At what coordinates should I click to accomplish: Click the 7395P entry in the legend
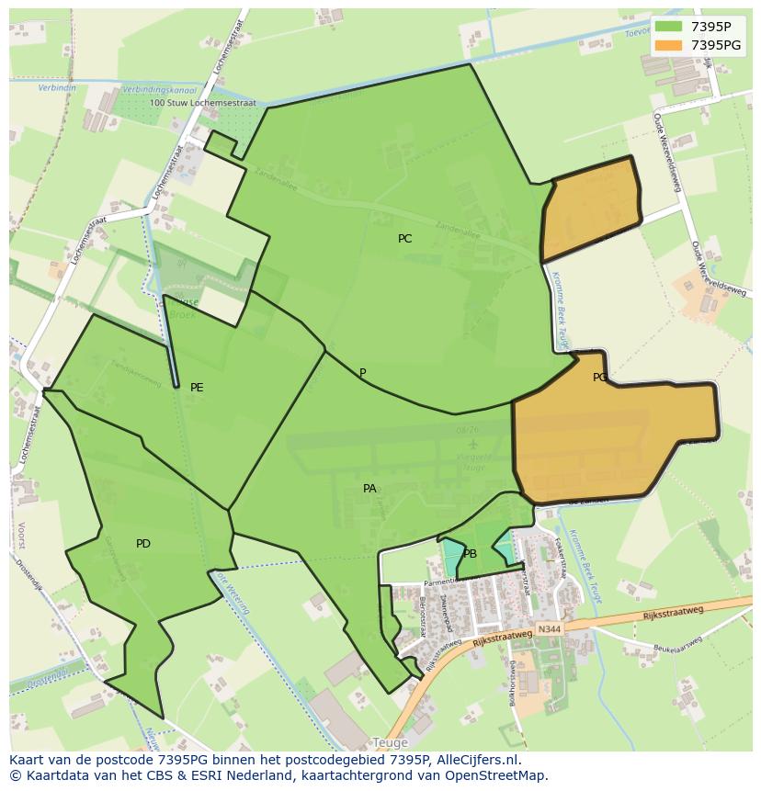(710, 27)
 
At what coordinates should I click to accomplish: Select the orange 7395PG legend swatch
(668, 45)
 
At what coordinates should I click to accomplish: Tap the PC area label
(404, 239)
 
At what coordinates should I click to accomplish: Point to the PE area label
(197, 388)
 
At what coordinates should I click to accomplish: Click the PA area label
(369, 489)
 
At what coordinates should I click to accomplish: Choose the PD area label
(143, 544)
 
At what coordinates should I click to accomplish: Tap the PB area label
(470, 554)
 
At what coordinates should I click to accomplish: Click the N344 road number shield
(550, 629)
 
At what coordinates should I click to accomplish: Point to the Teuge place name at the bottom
(390, 742)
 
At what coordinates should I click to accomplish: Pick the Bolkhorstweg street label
(512, 677)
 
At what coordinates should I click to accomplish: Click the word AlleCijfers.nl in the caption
(478, 760)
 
